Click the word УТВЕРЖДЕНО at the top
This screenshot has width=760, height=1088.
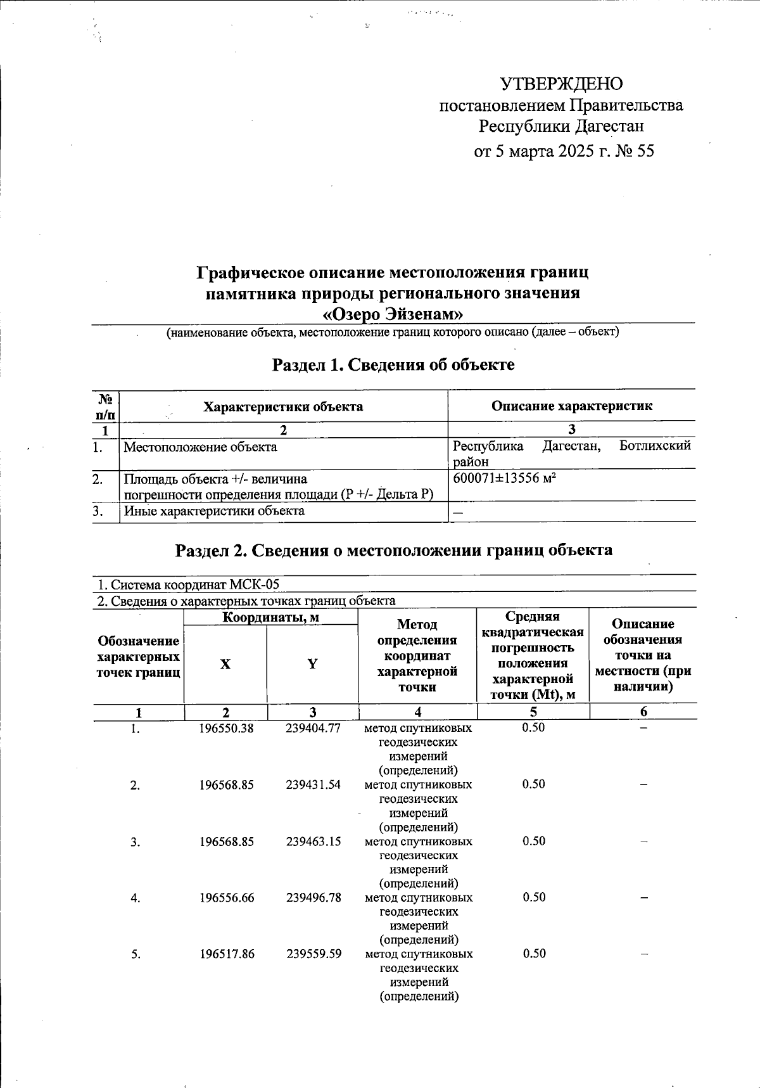561,84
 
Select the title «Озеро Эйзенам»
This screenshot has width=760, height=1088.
393,314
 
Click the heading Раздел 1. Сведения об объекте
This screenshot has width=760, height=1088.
393,365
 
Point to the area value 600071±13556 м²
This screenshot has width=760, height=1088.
505,478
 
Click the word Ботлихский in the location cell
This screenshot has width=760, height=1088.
655,446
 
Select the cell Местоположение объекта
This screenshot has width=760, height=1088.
200,447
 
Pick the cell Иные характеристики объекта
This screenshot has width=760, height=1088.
214,511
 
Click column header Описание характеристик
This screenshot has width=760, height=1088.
571,406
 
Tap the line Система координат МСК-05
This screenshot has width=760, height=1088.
187,584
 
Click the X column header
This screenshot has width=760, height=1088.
225,664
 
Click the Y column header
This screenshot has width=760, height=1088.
312,664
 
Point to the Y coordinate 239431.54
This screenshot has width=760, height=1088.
313,784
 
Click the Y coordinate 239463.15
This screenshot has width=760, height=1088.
313,842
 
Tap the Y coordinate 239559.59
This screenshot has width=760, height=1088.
313,954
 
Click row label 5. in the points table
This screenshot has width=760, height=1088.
136,954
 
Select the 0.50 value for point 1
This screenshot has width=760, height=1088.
533,727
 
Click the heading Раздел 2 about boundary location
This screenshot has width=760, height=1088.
393,550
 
